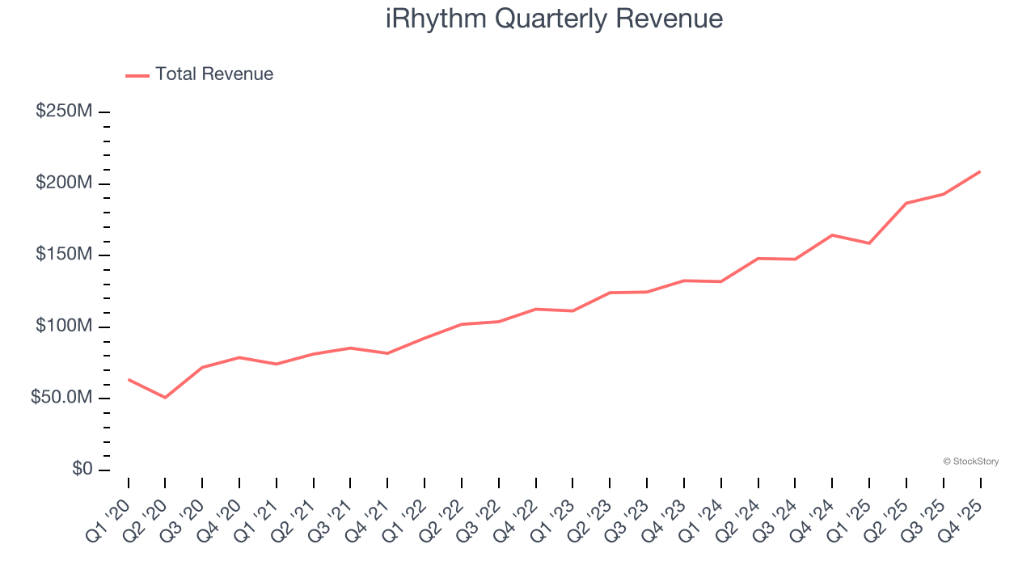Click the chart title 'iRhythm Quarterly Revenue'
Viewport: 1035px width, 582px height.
[554, 19]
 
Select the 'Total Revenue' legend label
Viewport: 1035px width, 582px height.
[214, 74]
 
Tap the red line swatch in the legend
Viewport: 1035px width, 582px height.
[137, 75]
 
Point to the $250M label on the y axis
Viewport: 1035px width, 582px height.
[64, 112]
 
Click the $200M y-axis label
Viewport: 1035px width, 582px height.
[64, 183]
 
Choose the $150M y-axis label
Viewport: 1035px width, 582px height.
[64, 255]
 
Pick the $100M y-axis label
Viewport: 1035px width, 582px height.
[64, 327]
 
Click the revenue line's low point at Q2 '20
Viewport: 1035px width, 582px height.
[165, 398]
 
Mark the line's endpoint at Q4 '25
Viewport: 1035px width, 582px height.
[980, 171]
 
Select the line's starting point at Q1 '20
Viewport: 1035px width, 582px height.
[129, 379]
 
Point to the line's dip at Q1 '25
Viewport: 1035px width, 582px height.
[869, 243]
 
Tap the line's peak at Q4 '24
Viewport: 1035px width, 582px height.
[832, 235]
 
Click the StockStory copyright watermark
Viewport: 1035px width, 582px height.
[970, 462]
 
